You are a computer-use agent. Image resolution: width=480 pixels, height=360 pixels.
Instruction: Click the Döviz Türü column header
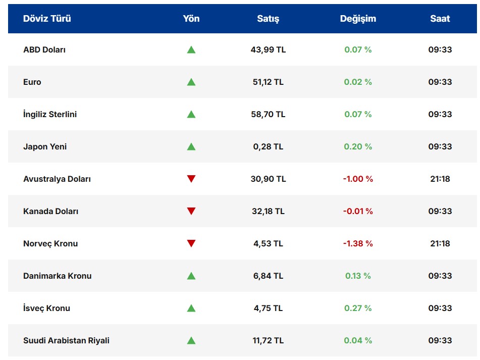tap(47, 19)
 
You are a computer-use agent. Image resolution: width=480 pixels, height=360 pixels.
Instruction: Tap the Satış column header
tap(268, 19)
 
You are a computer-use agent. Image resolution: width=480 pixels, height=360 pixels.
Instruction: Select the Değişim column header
tap(358, 19)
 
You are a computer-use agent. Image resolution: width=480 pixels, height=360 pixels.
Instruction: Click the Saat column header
tap(440, 19)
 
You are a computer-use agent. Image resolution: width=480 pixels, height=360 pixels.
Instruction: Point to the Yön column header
tap(191, 19)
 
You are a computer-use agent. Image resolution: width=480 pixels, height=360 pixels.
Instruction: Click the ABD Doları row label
tap(44, 50)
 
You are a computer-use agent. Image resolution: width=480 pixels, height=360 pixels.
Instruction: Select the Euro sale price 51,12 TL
tap(268, 82)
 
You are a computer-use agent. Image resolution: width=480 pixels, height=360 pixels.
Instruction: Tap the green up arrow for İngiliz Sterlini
tap(191, 115)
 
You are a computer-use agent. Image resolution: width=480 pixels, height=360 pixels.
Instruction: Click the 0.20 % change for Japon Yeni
tap(358, 146)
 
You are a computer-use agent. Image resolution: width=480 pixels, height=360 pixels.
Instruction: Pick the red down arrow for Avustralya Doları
tap(191, 179)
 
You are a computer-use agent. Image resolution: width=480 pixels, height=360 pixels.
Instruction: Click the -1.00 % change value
tap(358, 179)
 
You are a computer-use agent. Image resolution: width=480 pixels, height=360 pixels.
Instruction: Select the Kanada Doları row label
tap(50, 211)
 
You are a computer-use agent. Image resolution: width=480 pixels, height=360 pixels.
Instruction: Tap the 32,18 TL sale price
tap(268, 211)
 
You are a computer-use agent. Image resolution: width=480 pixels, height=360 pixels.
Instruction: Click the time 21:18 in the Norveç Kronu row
tap(440, 243)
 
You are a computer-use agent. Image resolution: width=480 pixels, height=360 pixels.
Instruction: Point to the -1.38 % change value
tap(358, 243)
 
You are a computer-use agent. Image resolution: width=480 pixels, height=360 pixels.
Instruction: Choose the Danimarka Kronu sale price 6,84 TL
tap(268, 276)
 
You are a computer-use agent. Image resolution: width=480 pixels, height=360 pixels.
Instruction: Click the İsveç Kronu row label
tap(46, 308)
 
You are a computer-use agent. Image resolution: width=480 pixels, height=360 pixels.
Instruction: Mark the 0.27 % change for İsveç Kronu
tap(358, 308)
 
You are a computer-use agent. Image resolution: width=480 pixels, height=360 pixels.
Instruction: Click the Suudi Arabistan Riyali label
tap(66, 340)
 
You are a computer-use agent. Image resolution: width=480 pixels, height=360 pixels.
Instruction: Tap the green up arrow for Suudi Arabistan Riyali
tap(191, 340)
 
